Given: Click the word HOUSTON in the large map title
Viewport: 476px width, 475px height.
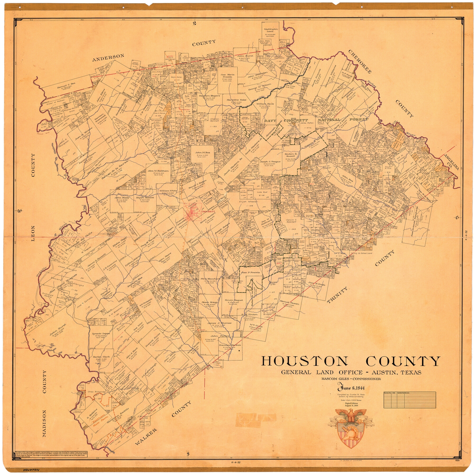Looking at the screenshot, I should coord(304,361).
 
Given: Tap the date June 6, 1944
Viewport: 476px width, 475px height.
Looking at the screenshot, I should coord(351,388).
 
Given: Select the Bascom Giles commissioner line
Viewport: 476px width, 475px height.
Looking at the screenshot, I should coord(351,379).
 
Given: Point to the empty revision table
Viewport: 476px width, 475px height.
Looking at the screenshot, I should coord(409,400).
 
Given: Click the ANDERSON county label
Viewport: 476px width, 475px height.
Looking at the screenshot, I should coord(108,57).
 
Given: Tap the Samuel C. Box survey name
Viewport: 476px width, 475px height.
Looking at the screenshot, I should coord(66,85).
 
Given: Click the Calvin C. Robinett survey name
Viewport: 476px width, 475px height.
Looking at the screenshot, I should coord(292,221).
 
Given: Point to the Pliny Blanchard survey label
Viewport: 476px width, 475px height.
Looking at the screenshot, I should coord(210,279).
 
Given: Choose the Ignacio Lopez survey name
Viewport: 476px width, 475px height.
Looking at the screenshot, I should coord(101,334).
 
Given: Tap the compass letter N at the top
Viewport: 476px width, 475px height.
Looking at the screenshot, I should coord(194,24).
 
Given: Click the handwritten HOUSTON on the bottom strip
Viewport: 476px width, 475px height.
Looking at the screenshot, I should coord(31,470).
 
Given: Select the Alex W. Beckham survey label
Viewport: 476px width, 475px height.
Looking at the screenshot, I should coord(158,171).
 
